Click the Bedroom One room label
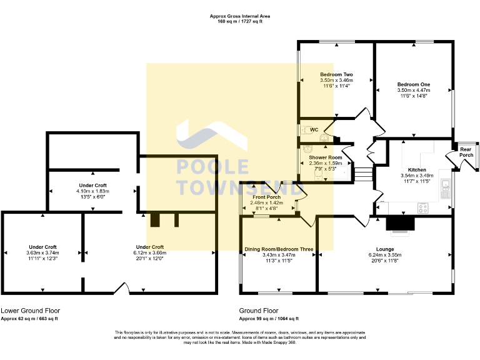(x=414, y=84)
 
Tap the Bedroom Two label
(x=336, y=74)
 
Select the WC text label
(x=315, y=130)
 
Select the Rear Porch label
(x=466, y=152)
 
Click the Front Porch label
(x=267, y=197)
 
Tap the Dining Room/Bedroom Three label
(x=279, y=249)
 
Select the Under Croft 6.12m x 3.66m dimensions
(x=150, y=252)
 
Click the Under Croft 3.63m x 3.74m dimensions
(x=42, y=252)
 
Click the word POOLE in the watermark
(x=212, y=167)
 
